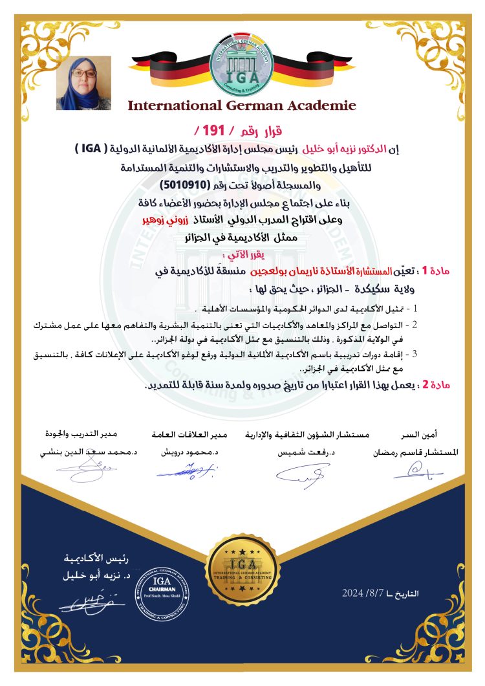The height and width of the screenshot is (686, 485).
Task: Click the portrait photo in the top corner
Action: (x=84, y=83)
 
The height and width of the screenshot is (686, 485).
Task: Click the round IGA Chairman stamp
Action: (x=162, y=590)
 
